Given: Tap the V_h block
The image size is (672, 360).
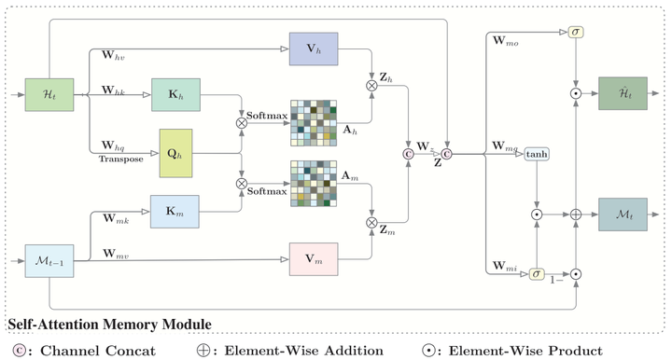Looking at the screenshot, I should point(314,48).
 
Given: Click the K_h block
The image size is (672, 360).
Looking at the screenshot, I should point(175,95).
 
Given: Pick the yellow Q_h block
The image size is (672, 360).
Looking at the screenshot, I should point(176,153).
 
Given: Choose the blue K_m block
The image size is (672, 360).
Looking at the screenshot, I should point(175,213).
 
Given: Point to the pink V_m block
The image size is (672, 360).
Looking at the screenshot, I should point(314,259).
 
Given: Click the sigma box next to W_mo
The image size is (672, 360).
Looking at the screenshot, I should point(575,33).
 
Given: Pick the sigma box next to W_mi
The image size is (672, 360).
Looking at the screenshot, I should point(537,273).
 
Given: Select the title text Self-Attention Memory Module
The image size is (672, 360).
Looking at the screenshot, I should point(109,324).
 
